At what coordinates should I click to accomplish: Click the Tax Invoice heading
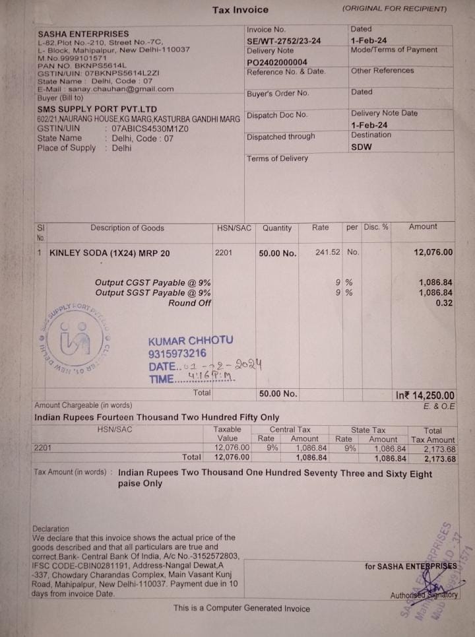click(x=240, y=10)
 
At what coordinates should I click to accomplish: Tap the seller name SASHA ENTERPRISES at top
click(x=83, y=34)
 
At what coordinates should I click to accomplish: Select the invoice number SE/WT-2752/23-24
click(x=284, y=41)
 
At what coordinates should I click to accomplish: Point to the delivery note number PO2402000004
click(x=277, y=62)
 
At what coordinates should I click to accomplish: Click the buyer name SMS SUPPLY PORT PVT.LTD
click(x=97, y=109)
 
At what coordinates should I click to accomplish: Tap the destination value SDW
click(x=362, y=147)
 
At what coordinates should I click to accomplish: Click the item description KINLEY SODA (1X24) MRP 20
click(x=110, y=253)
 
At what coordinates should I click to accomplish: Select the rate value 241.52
click(x=328, y=252)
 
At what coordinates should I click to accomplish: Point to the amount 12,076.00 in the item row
click(x=433, y=252)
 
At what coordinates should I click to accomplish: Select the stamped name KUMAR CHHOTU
click(x=191, y=341)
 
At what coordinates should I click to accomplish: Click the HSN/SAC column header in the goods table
click(x=234, y=228)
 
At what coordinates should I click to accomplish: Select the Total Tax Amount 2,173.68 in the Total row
click(x=433, y=458)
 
